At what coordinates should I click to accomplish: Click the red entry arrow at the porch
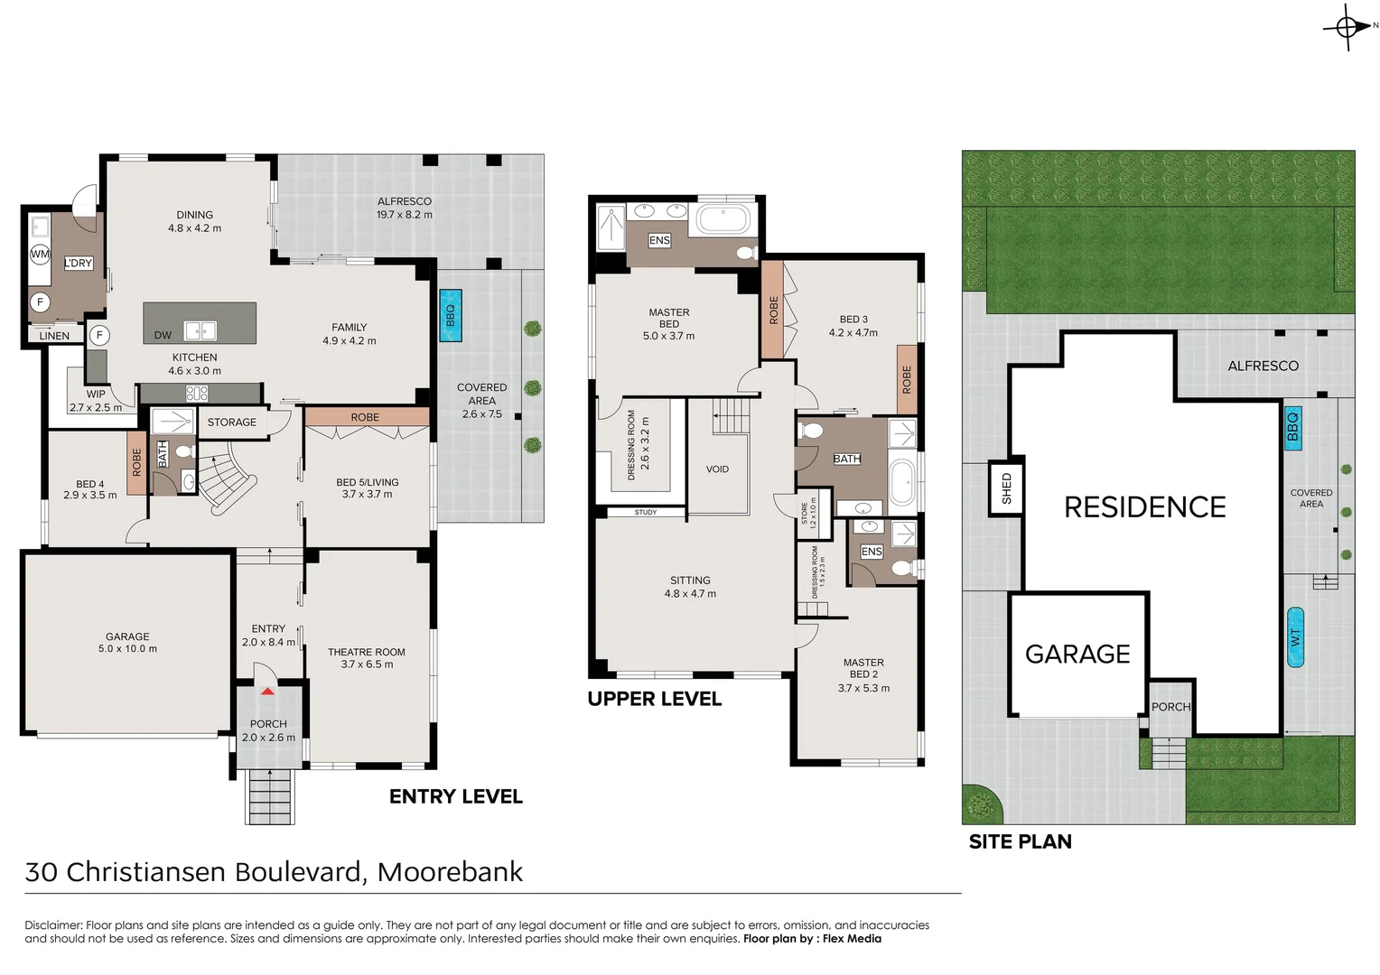coord(267,691)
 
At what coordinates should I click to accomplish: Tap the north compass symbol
coord(1347,27)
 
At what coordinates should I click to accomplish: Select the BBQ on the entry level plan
coord(450,315)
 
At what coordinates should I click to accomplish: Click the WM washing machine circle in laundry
coord(40,254)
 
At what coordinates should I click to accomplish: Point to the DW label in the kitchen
coord(163,335)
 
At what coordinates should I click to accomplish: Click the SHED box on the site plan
coord(1006,488)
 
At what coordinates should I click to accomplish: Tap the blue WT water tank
coord(1295,637)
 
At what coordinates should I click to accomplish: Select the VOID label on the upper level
coord(717,469)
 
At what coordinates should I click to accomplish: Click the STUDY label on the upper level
coord(646,512)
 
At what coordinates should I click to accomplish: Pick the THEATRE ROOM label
coord(367,652)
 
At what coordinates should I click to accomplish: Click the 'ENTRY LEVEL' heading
coord(456,796)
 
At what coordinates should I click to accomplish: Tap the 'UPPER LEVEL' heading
coord(655,699)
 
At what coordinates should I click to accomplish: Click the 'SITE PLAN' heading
coord(1021,841)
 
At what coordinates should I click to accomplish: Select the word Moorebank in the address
coord(450,872)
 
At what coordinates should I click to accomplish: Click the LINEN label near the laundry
coord(54,336)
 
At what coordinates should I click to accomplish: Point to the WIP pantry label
coord(96,394)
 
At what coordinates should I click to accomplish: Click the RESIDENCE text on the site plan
coord(1145,507)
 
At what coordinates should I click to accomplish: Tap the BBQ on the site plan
coord(1292,427)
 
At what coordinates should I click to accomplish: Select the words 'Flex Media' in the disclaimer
coord(852,939)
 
